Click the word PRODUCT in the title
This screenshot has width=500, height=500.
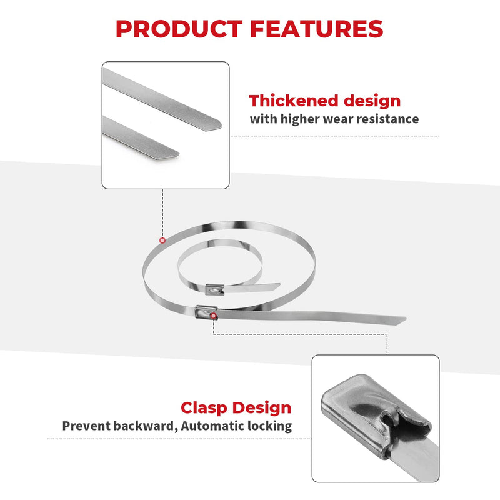click(179, 29)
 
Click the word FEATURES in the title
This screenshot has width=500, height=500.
click(317, 29)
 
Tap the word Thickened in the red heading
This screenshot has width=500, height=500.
click(293, 101)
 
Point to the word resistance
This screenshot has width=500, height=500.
click(387, 119)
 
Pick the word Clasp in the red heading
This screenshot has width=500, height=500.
click(204, 409)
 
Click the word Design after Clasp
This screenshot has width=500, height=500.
click(261, 408)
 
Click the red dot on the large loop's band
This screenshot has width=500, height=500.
click(162, 240)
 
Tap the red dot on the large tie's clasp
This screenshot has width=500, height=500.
click(214, 316)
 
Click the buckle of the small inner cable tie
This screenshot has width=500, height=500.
click(214, 290)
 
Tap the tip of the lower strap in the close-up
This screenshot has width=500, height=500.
click(179, 154)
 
